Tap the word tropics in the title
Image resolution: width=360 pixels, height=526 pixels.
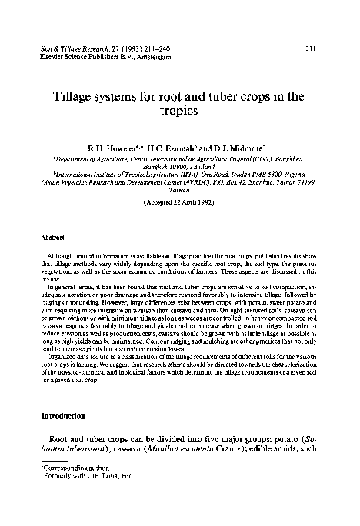click(180, 111)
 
